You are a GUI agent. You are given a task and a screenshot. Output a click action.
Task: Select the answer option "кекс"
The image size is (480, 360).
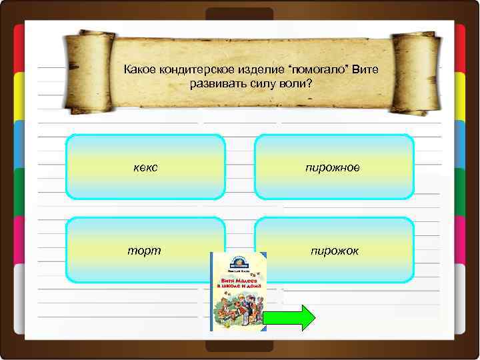(146, 167)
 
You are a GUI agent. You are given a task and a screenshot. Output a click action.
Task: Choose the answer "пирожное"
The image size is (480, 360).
(334, 167)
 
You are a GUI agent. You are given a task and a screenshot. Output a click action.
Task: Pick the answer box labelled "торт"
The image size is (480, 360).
(146, 251)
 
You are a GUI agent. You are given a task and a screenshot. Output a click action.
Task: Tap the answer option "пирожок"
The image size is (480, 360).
(334, 251)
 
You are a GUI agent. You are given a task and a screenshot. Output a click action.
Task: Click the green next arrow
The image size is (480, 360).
(288, 318)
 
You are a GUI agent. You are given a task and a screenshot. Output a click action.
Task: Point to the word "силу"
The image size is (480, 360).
(256, 85)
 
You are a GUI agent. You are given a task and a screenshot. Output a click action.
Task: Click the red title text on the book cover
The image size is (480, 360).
(238, 285)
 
